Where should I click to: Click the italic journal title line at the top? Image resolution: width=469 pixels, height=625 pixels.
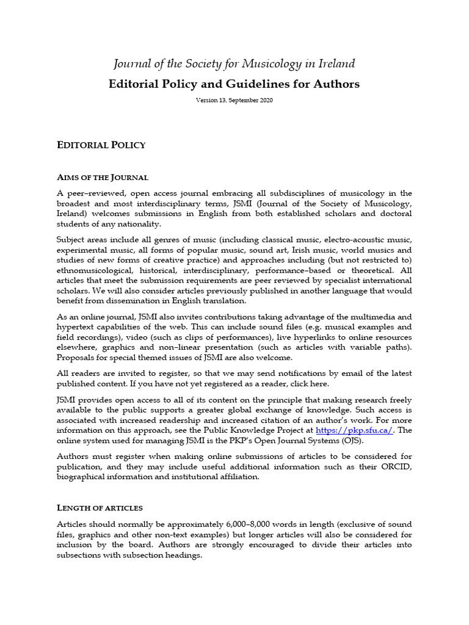click(x=234, y=63)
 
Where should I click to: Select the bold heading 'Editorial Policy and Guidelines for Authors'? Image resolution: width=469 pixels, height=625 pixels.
click(x=234, y=84)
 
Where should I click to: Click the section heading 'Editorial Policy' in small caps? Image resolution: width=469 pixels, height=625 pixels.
click(x=101, y=145)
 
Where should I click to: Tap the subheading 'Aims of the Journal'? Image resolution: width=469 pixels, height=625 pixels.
click(x=102, y=178)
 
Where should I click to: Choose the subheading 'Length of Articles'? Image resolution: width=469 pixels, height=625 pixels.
click(x=100, y=508)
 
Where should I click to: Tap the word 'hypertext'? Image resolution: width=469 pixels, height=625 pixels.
click(x=76, y=327)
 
